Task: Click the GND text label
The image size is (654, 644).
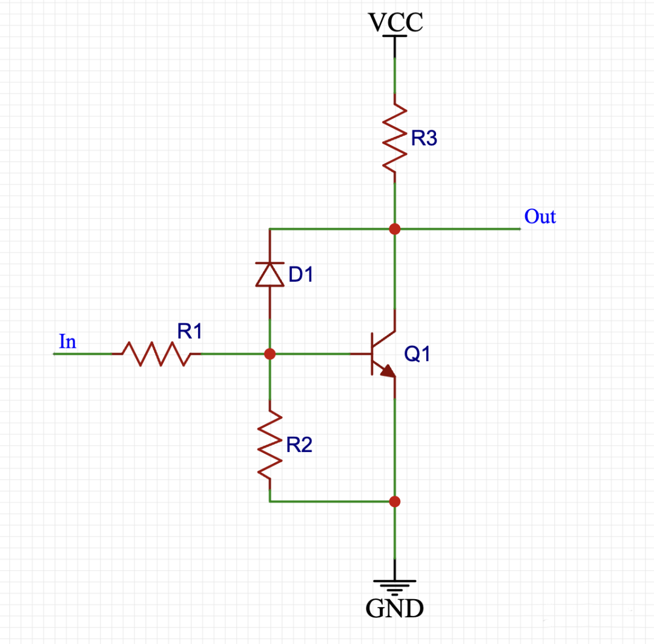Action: (394, 608)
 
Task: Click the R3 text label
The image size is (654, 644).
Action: (423, 139)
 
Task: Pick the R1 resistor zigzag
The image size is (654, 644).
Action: (156, 354)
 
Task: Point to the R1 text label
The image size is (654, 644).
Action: (190, 331)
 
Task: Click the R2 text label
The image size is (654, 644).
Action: (299, 446)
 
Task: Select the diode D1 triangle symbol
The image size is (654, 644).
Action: (269, 274)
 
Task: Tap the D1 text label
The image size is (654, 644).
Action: (301, 274)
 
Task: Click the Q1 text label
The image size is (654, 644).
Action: (417, 354)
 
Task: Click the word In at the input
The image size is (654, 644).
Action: (68, 342)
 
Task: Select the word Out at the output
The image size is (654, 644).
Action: (540, 216)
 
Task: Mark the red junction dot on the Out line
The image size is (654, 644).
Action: (394, 229)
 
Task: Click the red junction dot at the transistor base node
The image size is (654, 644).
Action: (270, 354)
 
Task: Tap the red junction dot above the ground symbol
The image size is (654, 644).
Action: (394, 501)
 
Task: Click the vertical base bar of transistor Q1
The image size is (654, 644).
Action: (372, 354)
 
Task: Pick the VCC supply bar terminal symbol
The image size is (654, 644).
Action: (394, 38)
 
